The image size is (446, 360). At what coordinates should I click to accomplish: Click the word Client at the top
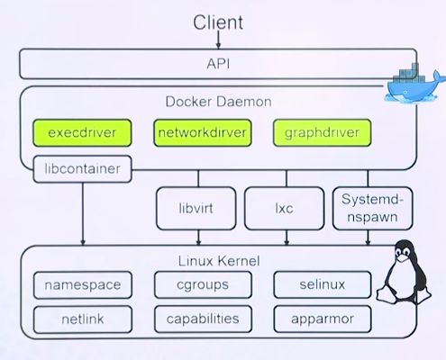click(x=218, y=22)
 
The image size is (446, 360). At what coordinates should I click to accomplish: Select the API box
click(x=218, y=64)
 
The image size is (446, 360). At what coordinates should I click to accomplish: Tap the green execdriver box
click(x=82, y=132)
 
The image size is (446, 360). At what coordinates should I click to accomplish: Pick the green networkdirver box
click(x=203, y=132)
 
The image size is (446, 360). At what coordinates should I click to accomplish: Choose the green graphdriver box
click(x=322, y=132)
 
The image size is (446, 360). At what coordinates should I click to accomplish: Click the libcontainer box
click(x=82, y=169)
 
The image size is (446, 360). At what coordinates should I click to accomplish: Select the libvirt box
click(x=196, y=208)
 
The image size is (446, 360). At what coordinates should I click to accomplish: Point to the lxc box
click(x=284, y=208)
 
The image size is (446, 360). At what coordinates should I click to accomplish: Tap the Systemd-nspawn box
click(x=372, y=208)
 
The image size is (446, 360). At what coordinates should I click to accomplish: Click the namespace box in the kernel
click(x=83, y=285)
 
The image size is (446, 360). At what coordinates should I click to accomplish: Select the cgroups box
click(x=203, y=285)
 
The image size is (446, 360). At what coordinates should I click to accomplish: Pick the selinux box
click(x=323, y=284)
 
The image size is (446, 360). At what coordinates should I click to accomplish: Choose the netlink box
click(x=83, y=319)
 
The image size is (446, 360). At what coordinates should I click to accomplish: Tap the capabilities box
click(x=203, y=319)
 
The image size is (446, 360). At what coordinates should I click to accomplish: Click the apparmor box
click(x=323, y=319)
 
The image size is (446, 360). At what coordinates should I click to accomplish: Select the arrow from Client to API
click(x=218, y=40)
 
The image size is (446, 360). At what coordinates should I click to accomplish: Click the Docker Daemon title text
click(x=218, y=102)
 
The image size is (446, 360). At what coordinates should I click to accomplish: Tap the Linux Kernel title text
click(x=219, y=261)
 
